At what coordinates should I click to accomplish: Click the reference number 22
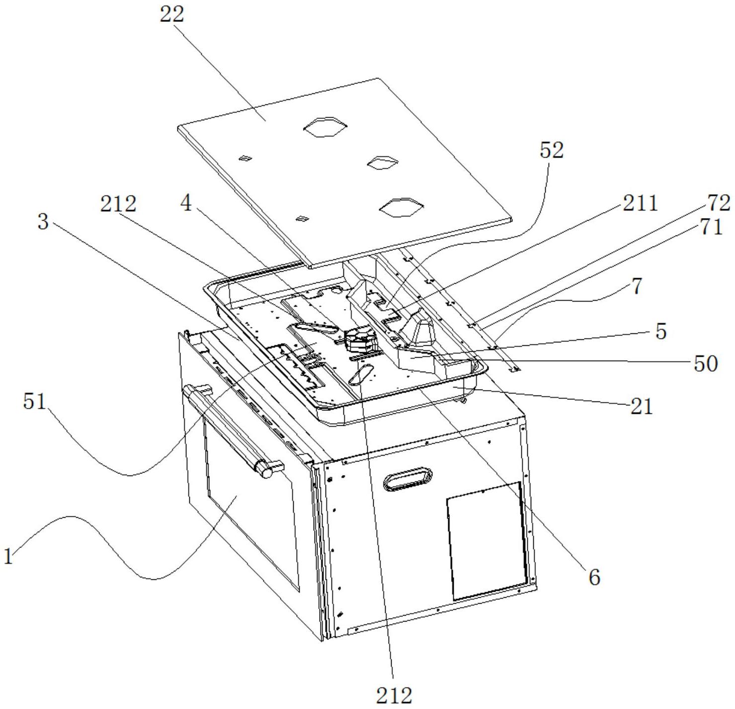point(172,15)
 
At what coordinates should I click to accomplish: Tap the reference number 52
point(552,150)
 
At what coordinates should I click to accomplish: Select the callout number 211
point(641,203)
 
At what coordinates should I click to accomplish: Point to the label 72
point(719,203)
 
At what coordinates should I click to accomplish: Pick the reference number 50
point(706,364)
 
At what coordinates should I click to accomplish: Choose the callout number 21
point(642,407)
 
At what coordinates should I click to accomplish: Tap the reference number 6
point(595,578)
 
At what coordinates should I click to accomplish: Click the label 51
point(35,401)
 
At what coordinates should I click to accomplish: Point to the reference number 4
point(186,204)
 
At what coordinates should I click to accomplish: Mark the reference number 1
point(8,556)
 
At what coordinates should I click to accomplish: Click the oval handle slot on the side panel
point(408,479)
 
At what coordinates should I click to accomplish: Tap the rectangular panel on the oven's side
point(487,541)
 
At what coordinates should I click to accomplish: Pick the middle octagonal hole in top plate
point(383,162)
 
